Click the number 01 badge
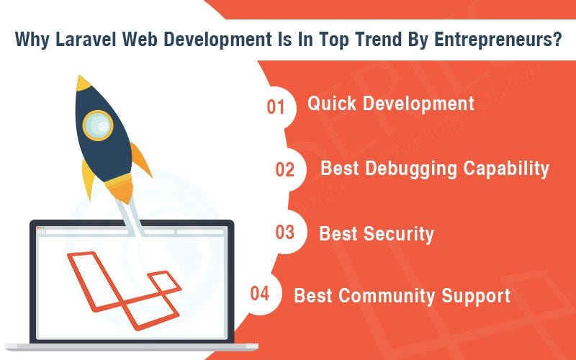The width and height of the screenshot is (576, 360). pyautogui.click(x=276, y=107)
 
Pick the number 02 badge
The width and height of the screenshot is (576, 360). pyautogui.click(x=285, y=170)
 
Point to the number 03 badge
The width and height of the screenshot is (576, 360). pyautogui.click(x=285, y=233)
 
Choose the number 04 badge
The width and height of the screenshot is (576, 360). pyautogui.click(x=260, y=294)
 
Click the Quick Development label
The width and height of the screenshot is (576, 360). pyautogui.click(x=391, y=104)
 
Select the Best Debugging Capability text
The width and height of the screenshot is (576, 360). pyautogui.click(x=435, y=168)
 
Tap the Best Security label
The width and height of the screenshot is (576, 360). pyautogui.click(x=377, y=233)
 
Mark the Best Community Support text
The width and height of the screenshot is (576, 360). pyautogui.click(x=402, y=295)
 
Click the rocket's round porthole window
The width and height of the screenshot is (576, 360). pyautogui.click(x=98, y=126)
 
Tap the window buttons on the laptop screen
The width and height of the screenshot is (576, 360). pyautogui.click(x=41, y=229)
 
